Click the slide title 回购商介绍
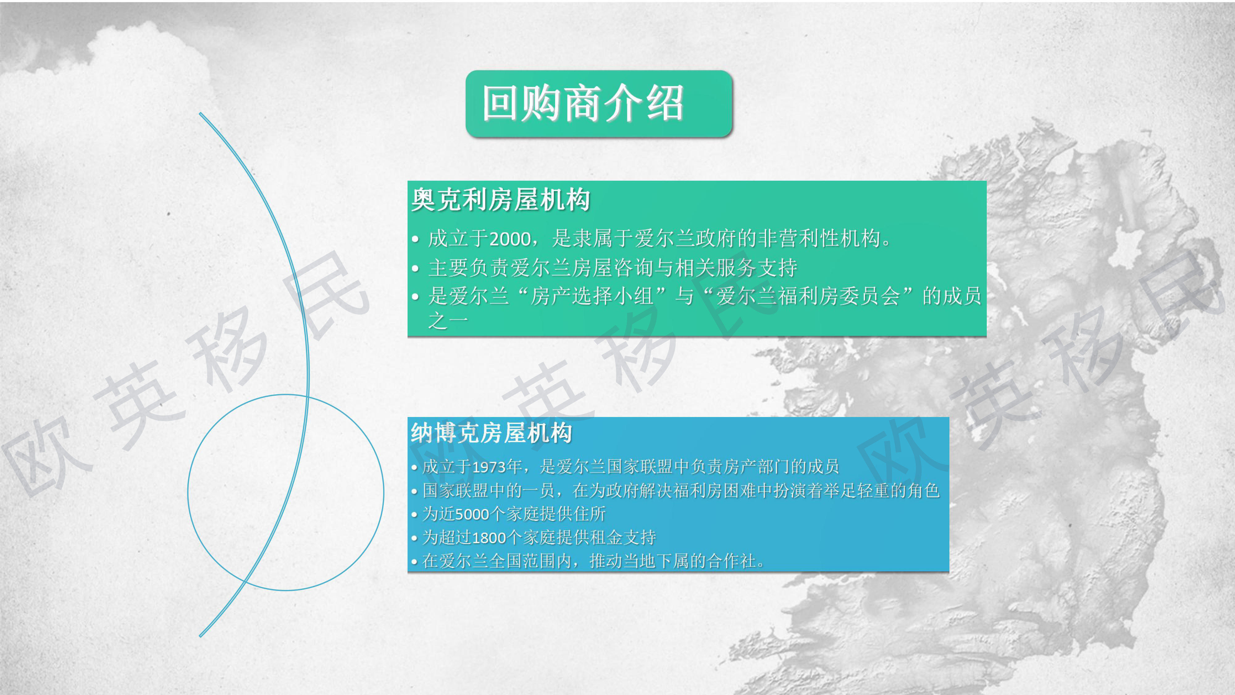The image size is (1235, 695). (583, 103)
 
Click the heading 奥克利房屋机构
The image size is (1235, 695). (500, 200)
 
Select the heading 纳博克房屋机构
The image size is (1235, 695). (492, 433)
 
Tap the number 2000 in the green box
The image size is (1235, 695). (511, 239)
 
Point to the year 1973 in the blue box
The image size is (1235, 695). (489, 467)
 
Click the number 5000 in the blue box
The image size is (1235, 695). (472, 514)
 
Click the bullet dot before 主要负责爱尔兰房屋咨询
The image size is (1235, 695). (415, 269)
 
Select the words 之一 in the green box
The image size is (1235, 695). (448, 320)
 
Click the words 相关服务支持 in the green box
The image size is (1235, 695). (736, 267)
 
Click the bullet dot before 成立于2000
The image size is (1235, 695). (415, 239)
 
